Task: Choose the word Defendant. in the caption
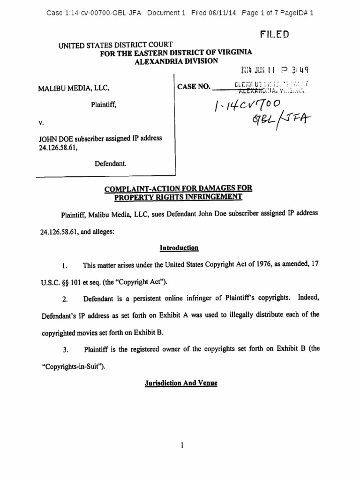[111, 164]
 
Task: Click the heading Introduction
[180, 248]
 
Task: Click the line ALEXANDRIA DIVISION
[176, 61]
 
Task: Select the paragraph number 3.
[66, 350]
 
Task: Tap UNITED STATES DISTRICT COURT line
[115, 45]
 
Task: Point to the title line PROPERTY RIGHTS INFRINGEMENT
[180, 196]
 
